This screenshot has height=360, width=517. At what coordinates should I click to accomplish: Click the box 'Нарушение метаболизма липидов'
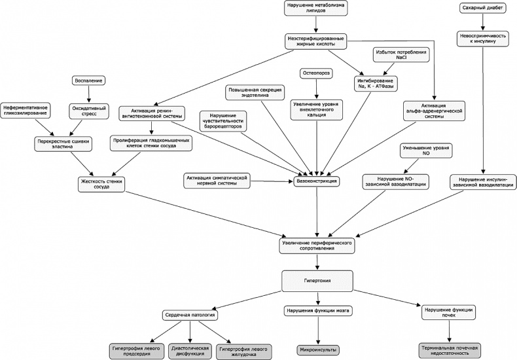[x=315, y=9]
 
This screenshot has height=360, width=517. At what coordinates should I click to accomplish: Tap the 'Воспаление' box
[x=87, y=81]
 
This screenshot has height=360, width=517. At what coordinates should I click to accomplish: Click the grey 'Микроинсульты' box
[x=317, y=350]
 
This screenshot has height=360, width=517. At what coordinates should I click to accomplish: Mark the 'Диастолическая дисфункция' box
[x=189, y=350]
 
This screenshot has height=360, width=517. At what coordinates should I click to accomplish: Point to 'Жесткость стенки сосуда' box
[x=101, y=183]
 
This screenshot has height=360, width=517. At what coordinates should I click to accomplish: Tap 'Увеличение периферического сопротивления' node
[x=317, y=246]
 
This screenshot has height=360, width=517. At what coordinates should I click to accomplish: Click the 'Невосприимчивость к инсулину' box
[x=482, y=39]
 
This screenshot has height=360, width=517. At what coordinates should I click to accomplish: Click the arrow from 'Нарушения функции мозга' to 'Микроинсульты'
[x=317, y=331]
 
